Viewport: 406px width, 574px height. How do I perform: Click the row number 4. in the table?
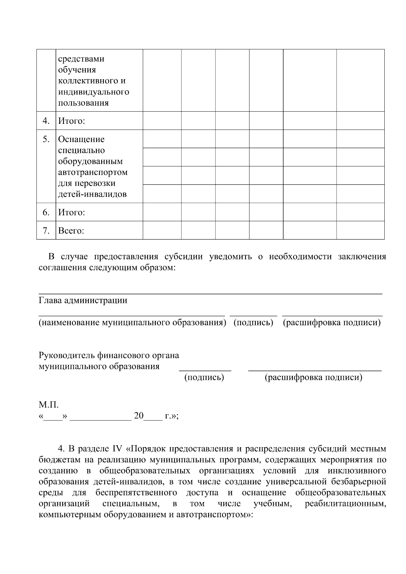[x=46, y=121]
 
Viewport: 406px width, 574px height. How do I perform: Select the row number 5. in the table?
[x=46, y=139]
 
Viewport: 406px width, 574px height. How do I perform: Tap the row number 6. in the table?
[x=46, y=212]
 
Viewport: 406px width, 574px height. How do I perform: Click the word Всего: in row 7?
[x=71, y=231]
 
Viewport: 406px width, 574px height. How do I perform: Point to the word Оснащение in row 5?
[x=81, y=139]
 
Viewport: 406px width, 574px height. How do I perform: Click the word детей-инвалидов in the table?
[x=92, y=194]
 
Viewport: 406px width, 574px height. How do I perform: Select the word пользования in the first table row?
[x=83, y=103]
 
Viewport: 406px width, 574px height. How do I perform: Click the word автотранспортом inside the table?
[x=93, y=172]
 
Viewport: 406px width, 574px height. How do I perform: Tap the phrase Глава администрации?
[x=83, y=300]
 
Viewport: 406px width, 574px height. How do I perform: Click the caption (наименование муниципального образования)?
[x=132, y=322]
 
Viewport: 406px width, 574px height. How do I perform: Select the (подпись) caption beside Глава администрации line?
[x=253, y=322]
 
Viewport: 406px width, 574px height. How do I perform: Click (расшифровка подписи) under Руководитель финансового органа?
[x=313, y=377]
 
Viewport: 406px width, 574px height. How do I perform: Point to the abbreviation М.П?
[x=49, y=405]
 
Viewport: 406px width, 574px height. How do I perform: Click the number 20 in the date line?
[x=139, y=416]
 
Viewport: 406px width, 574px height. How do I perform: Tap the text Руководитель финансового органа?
[x=109, y=355]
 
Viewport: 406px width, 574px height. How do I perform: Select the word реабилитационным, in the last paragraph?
[x=345, y=504]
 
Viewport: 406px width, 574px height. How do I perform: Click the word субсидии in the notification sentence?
[x=183, y=256]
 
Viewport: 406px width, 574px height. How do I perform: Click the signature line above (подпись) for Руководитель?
[x=205, y=371]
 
